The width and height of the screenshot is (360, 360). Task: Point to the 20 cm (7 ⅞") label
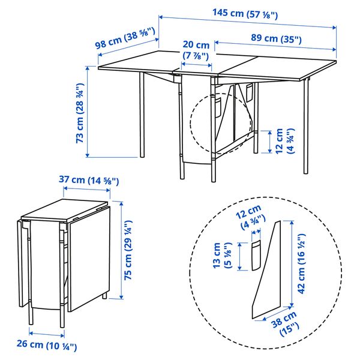[196, 50]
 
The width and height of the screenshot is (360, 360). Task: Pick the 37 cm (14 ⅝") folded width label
[89, 180]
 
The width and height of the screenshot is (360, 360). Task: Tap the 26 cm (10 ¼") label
[46, 346]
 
